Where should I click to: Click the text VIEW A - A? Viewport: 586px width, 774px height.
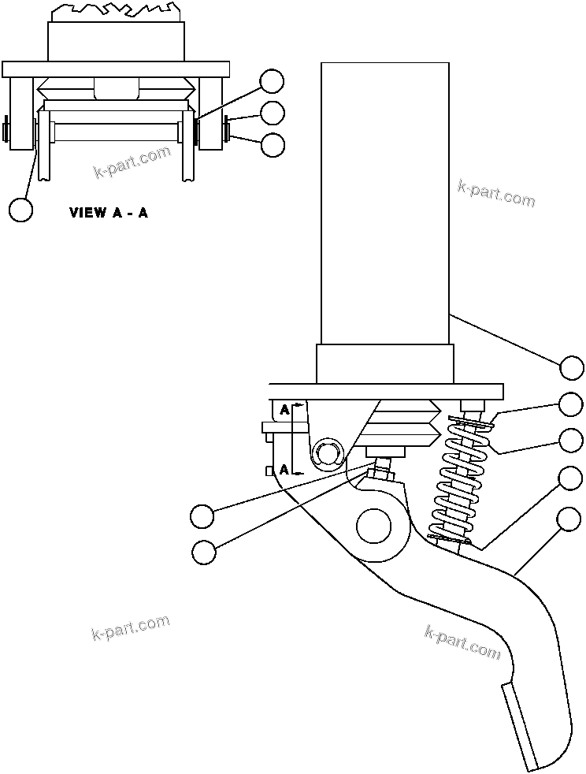[x=109, y=213]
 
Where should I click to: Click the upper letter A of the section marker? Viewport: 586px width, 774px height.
[x=285, y=410]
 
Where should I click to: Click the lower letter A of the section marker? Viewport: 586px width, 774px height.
[x=285, y=470]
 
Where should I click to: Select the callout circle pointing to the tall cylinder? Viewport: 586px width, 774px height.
[x=572, y=368]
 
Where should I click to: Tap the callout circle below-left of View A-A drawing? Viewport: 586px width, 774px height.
[x=21, y=210]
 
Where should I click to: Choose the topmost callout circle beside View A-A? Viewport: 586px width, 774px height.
[x=273, y=80]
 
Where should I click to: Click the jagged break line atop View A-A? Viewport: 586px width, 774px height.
[x=117, y=11]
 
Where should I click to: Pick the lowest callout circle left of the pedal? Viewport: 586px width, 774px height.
[x=204, y=553]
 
